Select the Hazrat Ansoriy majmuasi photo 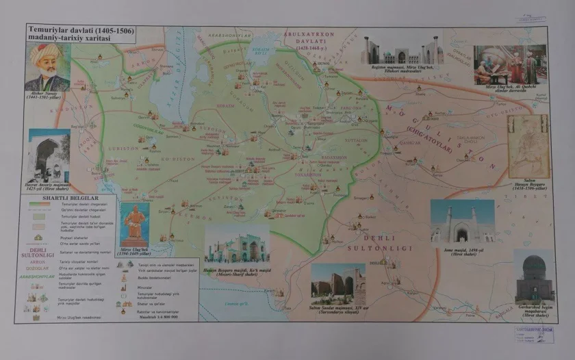coord(49,155)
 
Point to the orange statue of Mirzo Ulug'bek coord(134,222)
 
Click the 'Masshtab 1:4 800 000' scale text coord(157,317)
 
